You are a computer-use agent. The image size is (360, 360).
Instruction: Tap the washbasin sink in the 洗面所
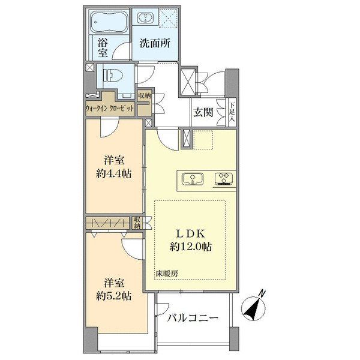pyautogui.click(x=146, y=18)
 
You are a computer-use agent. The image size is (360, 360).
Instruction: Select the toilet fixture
pyautogui.click(x=110, y=76)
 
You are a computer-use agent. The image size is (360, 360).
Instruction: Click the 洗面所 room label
pyautogui.click(x=155, y=43)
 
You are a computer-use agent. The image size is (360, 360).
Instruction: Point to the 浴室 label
pyautogui.click(x=103, y=47)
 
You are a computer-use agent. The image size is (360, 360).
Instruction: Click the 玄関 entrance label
pyautogui.click(x=203, y=113)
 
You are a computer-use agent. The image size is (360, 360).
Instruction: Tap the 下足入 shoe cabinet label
pyautogui.click(x=232, y=113)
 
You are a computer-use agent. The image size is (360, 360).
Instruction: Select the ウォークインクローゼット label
pyautogui.click(x=110, y=109)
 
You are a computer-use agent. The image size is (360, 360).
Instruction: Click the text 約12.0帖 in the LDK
pyautogui.click(x=191, y=247)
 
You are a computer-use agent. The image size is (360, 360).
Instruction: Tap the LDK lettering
pyautogui.click(x=190, y=234)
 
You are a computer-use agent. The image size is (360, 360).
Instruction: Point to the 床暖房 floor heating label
pyautogui.click(x=167, y=274)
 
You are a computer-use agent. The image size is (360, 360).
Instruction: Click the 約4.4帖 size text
pyautogui.click(x=113, y=174)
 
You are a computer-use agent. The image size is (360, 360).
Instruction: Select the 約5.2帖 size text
pyautogui.click(x=113, y=296)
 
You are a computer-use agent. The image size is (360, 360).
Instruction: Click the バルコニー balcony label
pyautogui.click(x=193, y=318)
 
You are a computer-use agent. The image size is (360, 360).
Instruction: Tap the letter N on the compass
pyautogui.click(x=262, y=293)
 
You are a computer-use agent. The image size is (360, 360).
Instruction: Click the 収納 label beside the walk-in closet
pyautogui.click(x=144, y=95)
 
